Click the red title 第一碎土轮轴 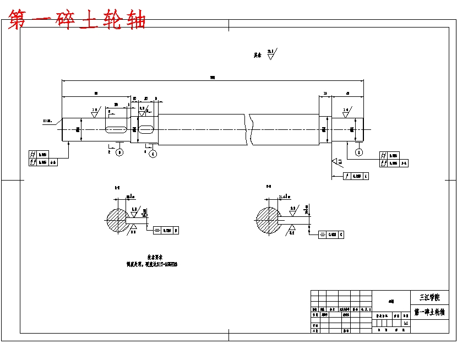point(78,20)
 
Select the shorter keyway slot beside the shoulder point(146,129)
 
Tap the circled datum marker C point(153,153)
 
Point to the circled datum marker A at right point(359,151)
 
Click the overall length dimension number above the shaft point(213,78)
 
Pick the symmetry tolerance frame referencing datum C point(332,234)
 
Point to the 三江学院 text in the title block point(429,297)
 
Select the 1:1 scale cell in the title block point(406,323)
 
